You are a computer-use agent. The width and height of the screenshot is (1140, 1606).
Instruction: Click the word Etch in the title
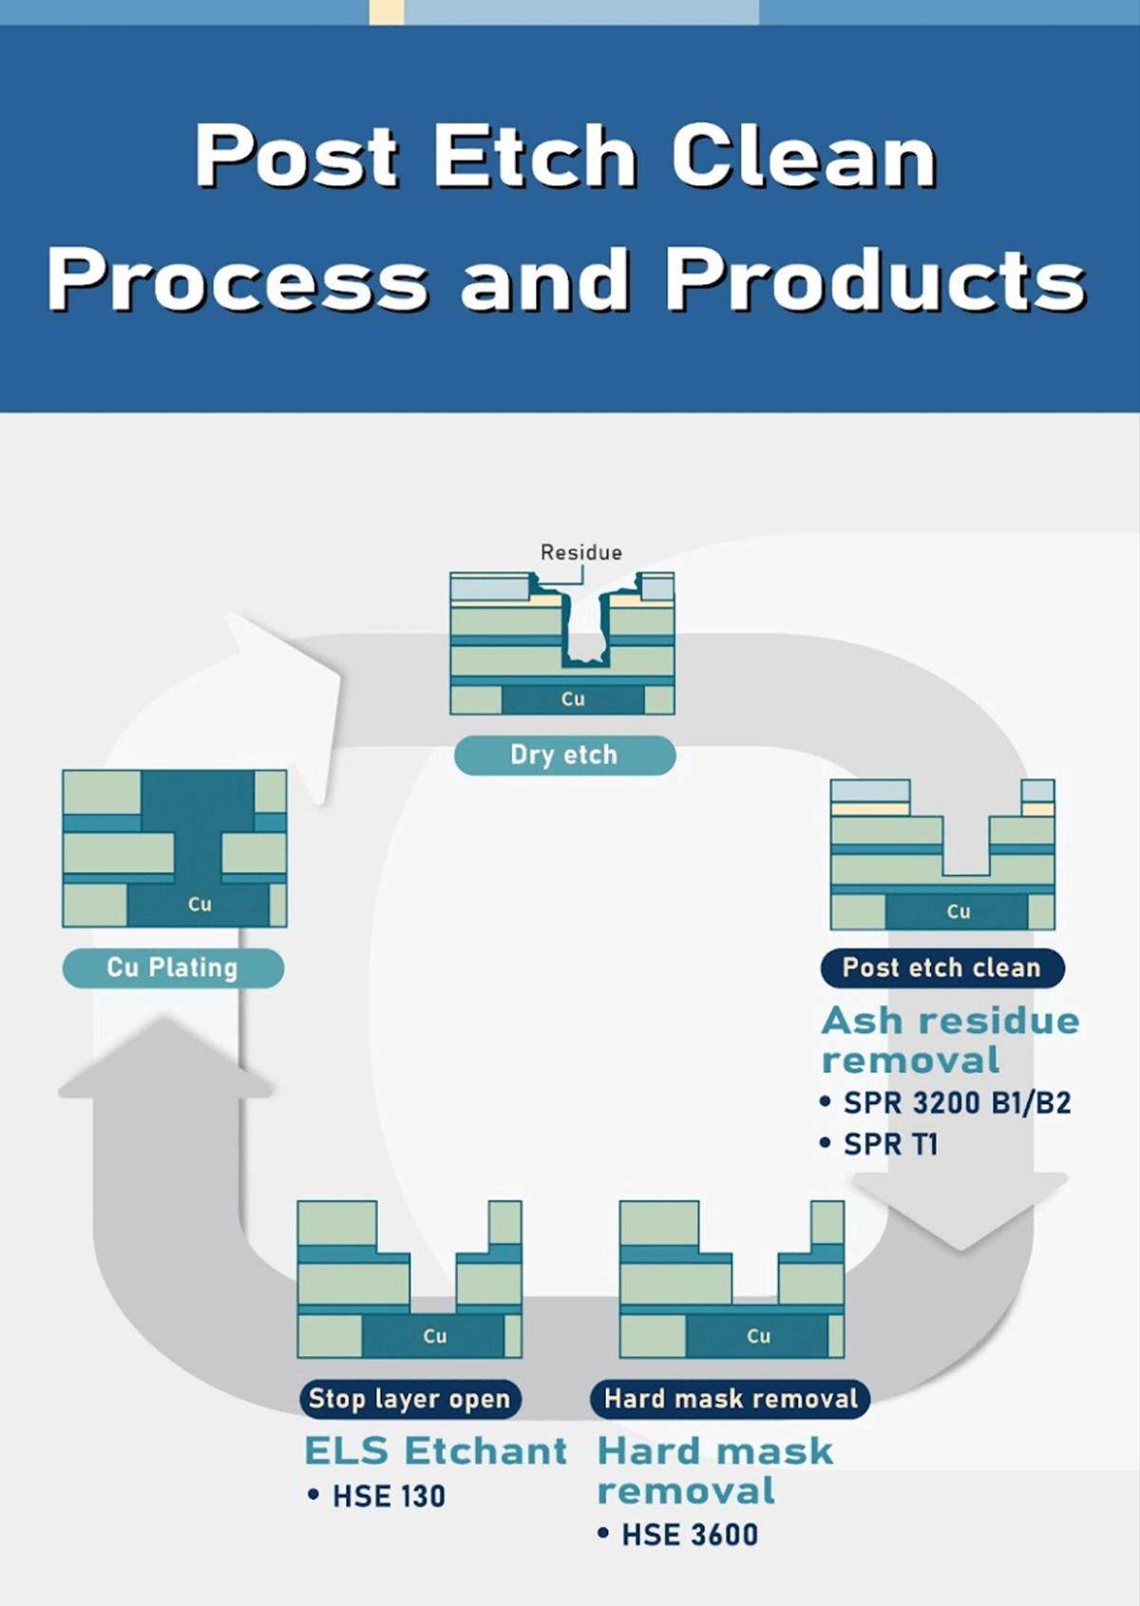pos(535,154)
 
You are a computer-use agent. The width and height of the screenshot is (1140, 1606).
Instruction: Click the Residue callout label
pos(581,552)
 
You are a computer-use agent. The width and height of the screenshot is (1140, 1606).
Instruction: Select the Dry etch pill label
pos(564,755)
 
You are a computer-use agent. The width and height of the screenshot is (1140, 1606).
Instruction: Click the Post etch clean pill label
pos(942,968)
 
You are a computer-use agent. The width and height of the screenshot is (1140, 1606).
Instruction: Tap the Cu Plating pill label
pos(173,968)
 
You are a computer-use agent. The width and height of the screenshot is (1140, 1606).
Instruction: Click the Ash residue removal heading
pos(950,1041)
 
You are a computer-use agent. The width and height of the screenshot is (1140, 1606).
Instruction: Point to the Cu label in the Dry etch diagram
pos(573,699)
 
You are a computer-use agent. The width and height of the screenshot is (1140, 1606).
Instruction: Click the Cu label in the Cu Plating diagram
pos(199,904)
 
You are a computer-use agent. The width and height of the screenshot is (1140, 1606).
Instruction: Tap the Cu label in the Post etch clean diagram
pos(958,911)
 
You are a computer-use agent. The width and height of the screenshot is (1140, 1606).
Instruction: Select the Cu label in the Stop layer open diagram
pos(435,1336)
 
